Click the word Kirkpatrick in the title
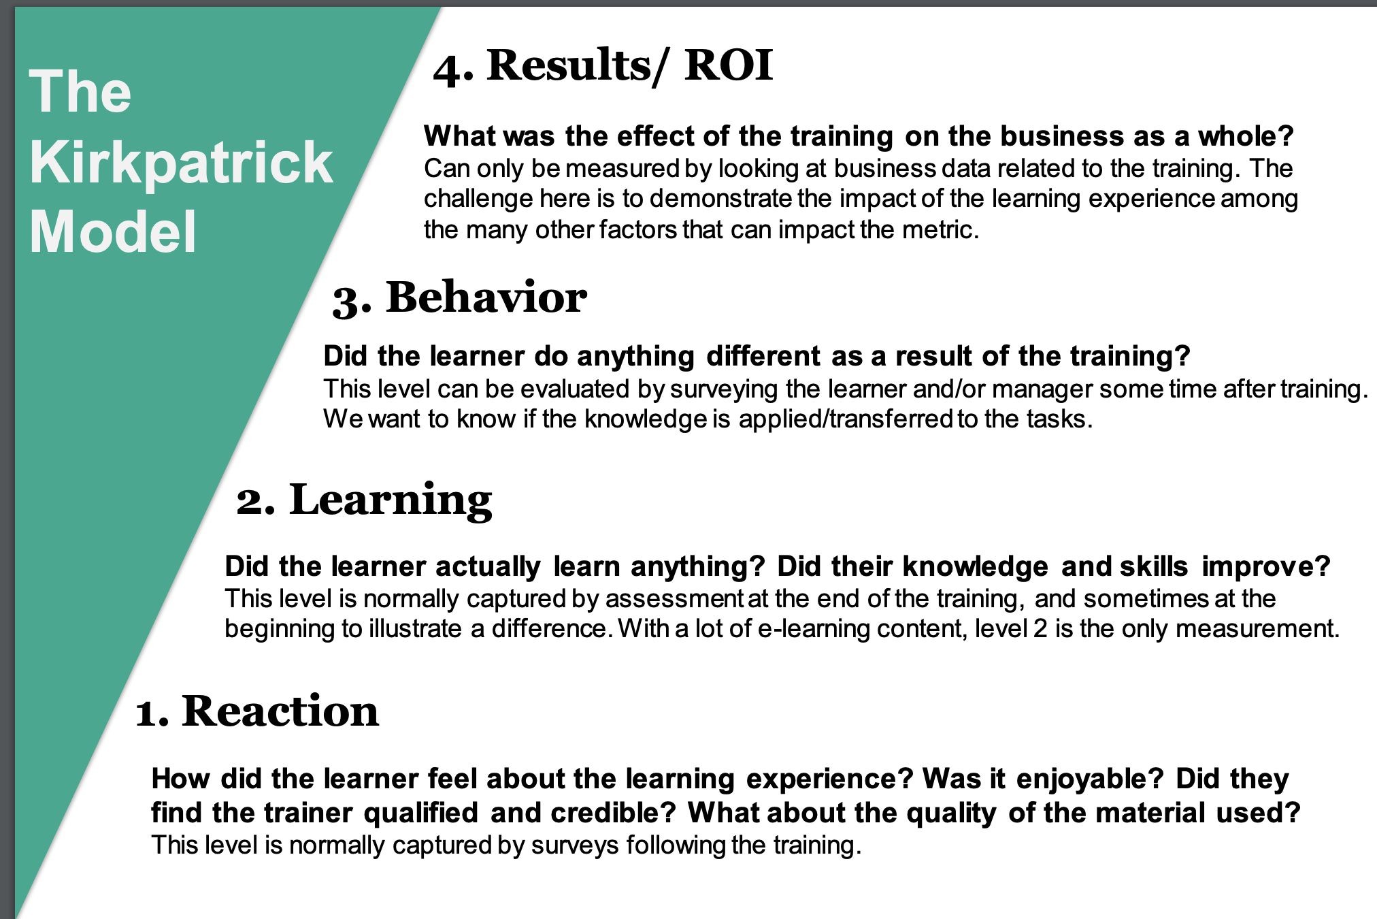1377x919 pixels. click(181, 163)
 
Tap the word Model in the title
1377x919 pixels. click(113, 232)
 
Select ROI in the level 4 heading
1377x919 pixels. click(729, 65)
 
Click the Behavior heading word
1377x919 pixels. click(486, 297)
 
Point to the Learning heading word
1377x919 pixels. click(391, 501)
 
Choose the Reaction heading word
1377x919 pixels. click(280, 711)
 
